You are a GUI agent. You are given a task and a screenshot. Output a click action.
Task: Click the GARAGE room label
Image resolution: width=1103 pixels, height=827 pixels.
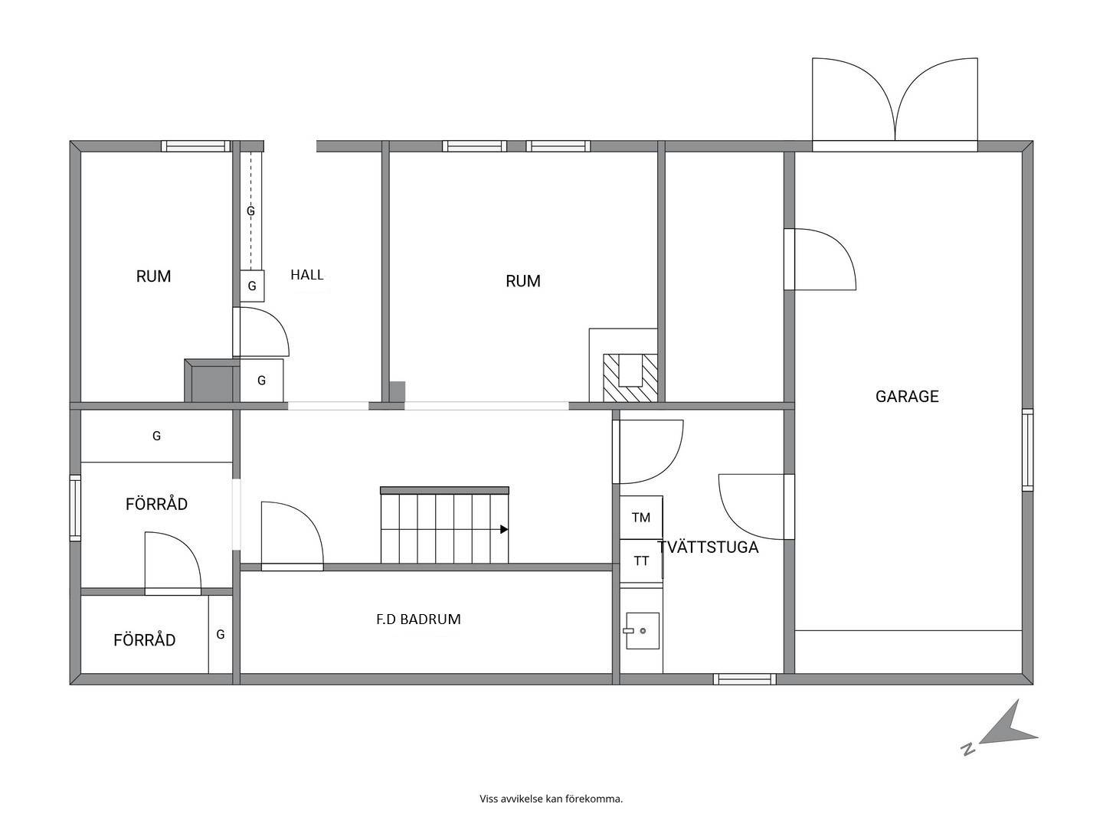tap(906, 397)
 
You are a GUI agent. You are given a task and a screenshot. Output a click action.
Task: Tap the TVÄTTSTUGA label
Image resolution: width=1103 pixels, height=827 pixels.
tap(708, 548)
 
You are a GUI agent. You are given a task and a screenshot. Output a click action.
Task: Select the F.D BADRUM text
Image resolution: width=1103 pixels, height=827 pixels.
tap(418, 619)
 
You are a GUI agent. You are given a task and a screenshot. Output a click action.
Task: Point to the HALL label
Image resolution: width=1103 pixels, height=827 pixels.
tap(306, 275)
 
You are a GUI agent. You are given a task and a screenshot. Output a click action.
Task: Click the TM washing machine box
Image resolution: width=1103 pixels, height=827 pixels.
tap(641, 518)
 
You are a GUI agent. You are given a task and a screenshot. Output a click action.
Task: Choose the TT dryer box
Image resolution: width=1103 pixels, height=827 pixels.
tap(641, 561)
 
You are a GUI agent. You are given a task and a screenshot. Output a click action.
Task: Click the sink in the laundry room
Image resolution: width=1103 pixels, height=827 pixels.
tap(642, 631)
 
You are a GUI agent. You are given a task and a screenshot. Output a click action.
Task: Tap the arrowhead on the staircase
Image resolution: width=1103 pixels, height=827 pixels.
tap(504, 529)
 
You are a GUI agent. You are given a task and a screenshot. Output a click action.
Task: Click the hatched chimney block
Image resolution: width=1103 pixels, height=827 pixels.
tap(630, 378)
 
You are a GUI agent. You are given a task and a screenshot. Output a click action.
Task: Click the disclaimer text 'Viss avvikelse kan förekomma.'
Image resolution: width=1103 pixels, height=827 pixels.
tap(551, 799)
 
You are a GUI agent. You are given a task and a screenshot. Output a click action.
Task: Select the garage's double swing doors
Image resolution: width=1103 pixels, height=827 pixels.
tap(895, 100)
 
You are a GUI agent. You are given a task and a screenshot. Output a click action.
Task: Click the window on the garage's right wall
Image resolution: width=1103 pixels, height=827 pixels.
tap(1028, 450)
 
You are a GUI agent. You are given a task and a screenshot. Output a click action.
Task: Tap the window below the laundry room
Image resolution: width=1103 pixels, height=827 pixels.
tap(745, 679)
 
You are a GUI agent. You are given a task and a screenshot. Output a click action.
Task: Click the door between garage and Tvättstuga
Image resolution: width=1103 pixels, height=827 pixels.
tap(757, 507)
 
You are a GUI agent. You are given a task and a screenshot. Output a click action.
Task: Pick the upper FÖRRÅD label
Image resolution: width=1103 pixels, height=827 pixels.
tap(156, 504)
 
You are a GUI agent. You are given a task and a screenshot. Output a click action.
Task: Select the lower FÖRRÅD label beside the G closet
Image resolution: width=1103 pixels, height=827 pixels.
tap(144, 640)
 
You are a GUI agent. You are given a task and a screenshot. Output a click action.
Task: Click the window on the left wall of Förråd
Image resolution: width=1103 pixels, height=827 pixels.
tap(75, 508)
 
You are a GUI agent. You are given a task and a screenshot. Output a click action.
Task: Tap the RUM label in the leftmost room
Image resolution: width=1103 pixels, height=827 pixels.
tap(153, 276)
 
